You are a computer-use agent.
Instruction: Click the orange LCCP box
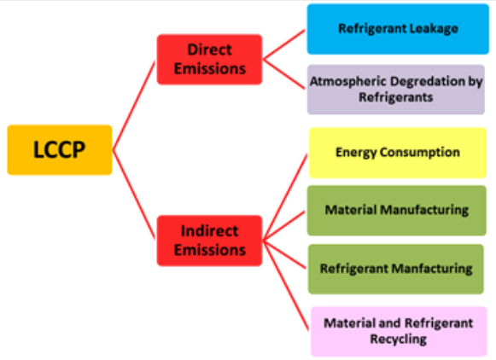[x=60, y=150]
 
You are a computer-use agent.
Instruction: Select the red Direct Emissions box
[x=209, y=60]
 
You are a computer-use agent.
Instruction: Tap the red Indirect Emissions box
[x=209, y=241]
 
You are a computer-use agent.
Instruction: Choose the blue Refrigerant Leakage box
[x=398, y=29]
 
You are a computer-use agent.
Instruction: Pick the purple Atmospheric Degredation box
[x=396, y=90]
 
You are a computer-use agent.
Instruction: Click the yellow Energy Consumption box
[x=398, y=153]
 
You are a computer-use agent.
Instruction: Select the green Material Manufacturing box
[x=397, y=211]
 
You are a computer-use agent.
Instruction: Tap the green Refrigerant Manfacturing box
[x=396, y=269]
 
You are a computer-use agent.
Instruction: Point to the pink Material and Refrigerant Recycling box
[x=399, y=332]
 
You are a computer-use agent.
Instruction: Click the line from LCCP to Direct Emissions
[x=134, y=106]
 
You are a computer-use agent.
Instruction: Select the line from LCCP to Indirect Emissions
[x=134, y=195]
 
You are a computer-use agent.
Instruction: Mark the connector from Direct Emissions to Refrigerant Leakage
[x=284, y=44]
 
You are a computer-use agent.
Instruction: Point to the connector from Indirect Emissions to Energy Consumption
[x=285, y=197]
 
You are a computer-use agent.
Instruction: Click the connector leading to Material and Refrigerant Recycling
[x=286, y=286]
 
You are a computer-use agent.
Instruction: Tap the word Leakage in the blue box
[x=434, y=29]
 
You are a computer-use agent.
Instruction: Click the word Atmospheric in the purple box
[x=350, y=82]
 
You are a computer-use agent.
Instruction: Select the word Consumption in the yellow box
[x=420, y=153]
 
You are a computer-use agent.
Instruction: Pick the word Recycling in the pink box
[x=399, y=340]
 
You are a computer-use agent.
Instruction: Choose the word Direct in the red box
[x=209, y=49]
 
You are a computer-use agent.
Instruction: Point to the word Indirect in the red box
[x=209, y=230]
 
